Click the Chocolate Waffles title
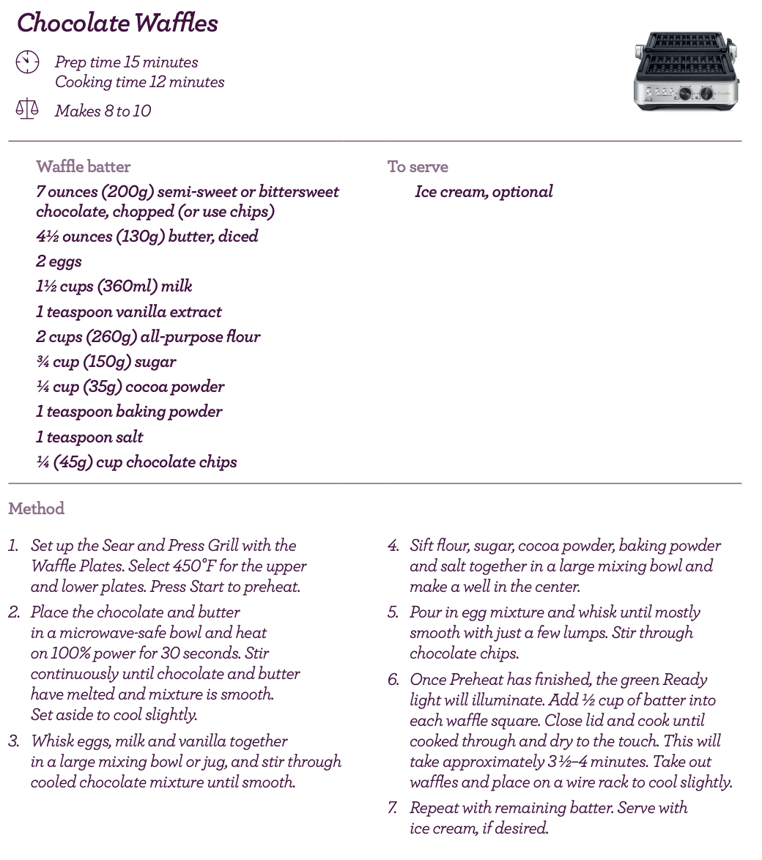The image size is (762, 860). point(117,23)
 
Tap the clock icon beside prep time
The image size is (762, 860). point(27,62)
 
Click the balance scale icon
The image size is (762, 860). point(27,110)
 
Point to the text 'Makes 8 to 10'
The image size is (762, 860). point(103,111)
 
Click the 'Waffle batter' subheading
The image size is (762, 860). point(84,167)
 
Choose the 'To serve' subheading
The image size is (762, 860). point(418,167)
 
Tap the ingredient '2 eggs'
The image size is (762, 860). point(59,262)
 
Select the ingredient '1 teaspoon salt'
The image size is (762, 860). point(89,437)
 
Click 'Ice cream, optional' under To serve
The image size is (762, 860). point(484,192)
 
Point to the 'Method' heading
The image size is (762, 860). point(37,508)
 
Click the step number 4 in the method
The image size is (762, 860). point(393,546)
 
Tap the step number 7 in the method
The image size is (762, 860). point(393,808)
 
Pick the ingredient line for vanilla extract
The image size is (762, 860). point(129,312)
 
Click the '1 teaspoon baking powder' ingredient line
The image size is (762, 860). point(129,412)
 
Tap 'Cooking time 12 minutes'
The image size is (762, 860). point(139,82)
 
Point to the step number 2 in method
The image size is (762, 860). point(14,612)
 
